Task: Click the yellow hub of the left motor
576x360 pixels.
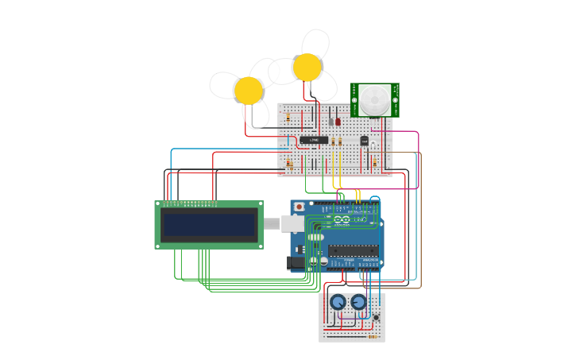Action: click(248, 90)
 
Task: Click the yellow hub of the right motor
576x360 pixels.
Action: click(307, 68)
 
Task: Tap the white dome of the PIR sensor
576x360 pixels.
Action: click(374, 101)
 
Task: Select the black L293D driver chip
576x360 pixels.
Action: click(314, 140)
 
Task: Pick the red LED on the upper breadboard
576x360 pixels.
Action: click(338, 122)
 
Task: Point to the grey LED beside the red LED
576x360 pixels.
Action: click(331, 122)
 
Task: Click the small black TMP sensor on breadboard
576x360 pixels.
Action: click(365, 141)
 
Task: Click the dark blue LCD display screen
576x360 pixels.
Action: click(209, 225)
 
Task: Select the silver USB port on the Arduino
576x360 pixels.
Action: click(292, 223)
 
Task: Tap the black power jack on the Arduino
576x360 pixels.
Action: click(296, 261)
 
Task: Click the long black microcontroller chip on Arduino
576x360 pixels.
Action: click(354, 250)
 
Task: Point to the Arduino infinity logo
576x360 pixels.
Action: click(341, 219)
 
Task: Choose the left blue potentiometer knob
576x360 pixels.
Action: click(338, 302)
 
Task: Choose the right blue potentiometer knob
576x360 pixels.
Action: click(359, 302)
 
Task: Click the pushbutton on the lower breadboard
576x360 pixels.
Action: click(377, 317)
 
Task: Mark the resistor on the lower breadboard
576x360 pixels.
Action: click(373, 336)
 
